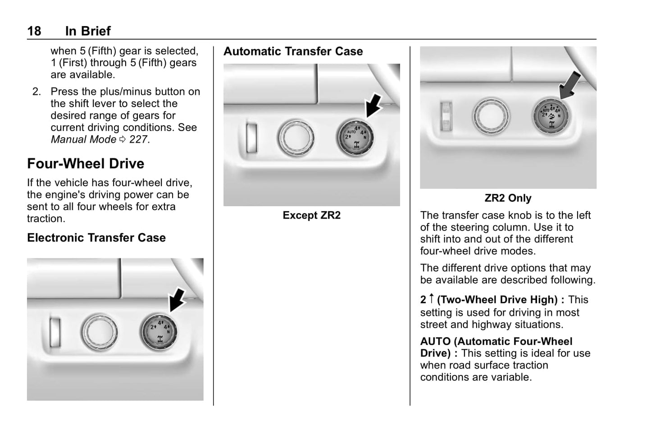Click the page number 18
click(34, 31)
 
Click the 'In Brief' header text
click(88, 31)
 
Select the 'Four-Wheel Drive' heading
click(86, 164)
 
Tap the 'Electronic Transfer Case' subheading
click(96, 238)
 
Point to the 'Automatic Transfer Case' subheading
click(293, 51)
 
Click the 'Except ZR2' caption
click(312, 215)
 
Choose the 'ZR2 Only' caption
click(508, 198)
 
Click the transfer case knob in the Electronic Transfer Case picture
click(159, 332)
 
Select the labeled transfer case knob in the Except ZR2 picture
click(355, 137)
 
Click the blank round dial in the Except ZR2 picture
click(296, 137)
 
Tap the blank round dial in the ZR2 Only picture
click(492, 116)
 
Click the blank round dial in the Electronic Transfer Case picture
click(100, 333)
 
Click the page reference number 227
click(138, 140)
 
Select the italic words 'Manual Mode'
click(83, 140)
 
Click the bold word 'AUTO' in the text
click(435, 342)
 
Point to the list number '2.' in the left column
click(36, 92)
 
